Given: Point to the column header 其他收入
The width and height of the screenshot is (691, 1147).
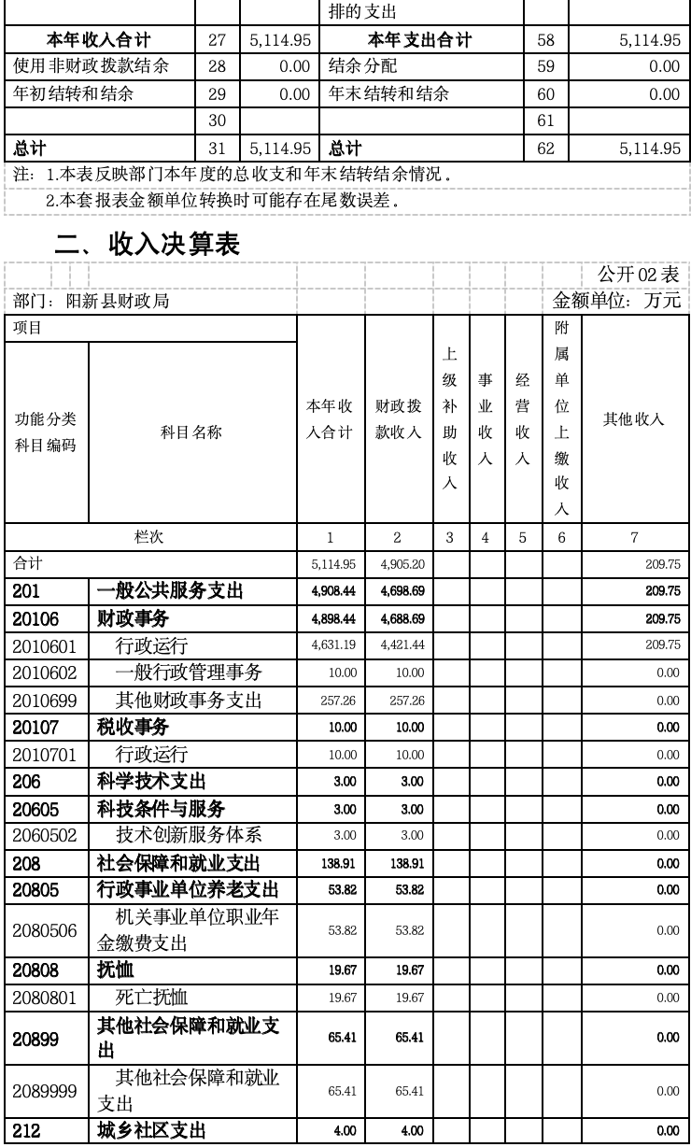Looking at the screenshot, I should coord(634,419).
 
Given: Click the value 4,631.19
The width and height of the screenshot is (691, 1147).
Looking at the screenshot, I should coord(331,644).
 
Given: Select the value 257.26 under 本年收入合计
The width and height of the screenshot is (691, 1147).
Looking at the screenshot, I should coord(331,700).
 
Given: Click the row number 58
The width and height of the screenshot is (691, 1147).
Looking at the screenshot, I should coord(545,40).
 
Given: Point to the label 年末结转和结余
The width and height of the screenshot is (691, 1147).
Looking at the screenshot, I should coord(388,94).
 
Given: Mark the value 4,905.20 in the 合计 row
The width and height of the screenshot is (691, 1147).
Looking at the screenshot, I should coord(398,564).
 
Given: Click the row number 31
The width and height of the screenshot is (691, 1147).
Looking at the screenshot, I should coord(218,149).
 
